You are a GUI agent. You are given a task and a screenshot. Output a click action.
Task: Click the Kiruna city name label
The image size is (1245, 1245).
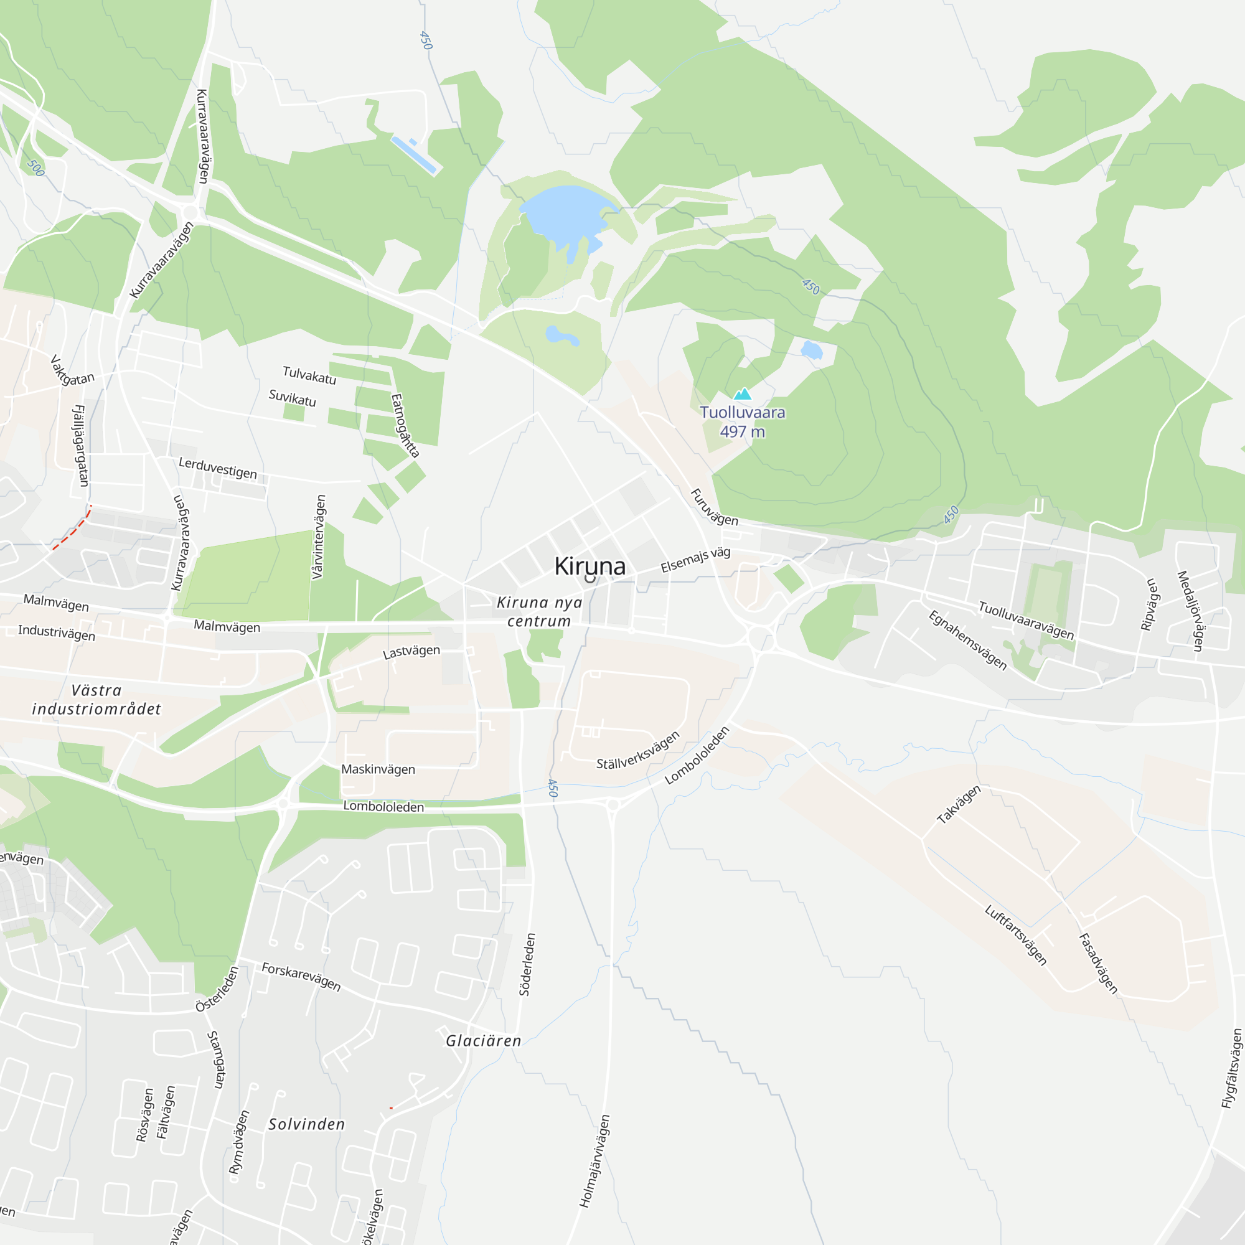tap(590, 566)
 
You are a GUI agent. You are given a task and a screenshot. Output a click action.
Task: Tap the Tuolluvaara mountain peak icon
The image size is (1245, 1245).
tap(743, 394)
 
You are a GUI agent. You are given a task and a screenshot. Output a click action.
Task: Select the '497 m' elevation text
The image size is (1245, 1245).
tap(743, 432)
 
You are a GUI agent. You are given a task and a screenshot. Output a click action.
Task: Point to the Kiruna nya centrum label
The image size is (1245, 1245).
tap(539, 611)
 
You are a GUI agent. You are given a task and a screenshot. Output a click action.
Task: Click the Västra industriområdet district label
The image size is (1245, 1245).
tap(96, 700)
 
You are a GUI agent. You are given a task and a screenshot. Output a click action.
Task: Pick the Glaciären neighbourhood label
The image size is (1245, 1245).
tap(483, 1041)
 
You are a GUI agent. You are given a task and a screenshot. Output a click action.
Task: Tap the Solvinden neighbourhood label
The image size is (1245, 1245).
tap(307, 1124)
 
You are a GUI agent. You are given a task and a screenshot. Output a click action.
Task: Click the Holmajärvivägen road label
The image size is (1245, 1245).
tap(594, 1160)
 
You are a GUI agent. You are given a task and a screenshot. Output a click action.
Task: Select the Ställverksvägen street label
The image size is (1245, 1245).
tap(638, 751)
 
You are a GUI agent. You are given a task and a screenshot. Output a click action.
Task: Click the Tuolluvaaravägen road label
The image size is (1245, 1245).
tap(1026, 621)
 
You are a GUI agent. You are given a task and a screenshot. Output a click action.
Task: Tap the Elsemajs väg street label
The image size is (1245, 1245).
tap(695, 560)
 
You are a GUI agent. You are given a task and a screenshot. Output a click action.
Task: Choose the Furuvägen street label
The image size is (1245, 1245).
tap(714, 508)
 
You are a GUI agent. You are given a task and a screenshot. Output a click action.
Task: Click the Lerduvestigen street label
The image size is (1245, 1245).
tap(218, 469)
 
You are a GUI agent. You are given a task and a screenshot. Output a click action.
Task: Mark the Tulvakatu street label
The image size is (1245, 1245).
tap(309, 375)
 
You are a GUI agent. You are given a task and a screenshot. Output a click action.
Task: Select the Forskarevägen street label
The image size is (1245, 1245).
tap(301, 976)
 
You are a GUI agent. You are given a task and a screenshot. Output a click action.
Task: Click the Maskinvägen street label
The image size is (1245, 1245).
tap(378, 769)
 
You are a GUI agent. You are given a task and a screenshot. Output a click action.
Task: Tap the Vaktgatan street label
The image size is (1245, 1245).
tap(72, 372)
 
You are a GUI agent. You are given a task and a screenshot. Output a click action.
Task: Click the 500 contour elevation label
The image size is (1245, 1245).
tap(36, 167)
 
